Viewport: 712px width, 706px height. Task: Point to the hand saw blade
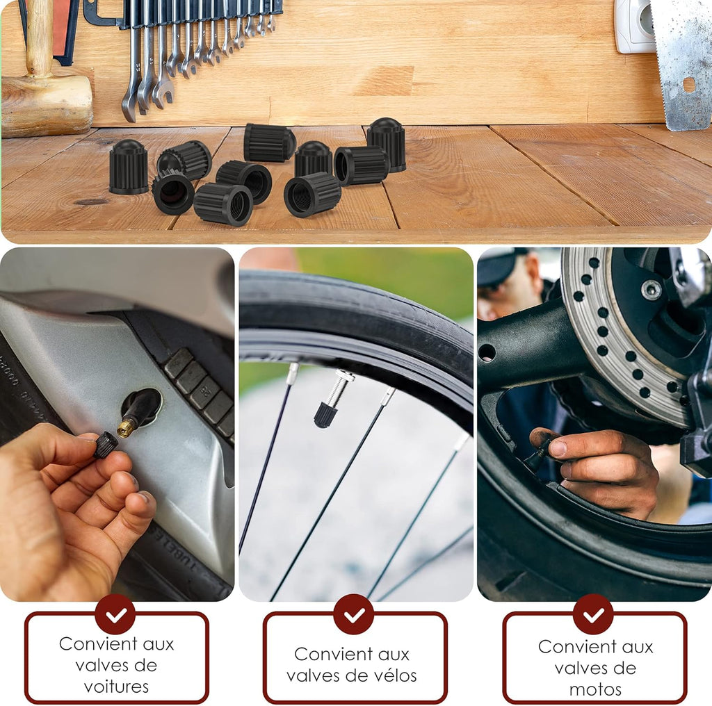tap(682, 63)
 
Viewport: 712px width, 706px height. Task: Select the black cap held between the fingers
tap(106, 444)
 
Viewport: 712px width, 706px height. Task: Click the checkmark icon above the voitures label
tap(115, 614)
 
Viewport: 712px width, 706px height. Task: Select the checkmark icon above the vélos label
tap(354, 614)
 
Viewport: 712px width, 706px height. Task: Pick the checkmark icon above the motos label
tap(593, 614)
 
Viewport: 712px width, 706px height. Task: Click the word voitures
tap(116, 687)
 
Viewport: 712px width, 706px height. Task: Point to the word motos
tap(595, 689)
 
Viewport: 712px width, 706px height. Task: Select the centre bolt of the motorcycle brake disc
tap(651, 290)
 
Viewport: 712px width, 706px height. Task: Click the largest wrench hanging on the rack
tap(132, 69)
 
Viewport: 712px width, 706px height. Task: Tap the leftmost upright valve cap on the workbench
tap(129, 167)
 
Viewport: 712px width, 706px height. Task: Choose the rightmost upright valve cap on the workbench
tap(387, 145)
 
